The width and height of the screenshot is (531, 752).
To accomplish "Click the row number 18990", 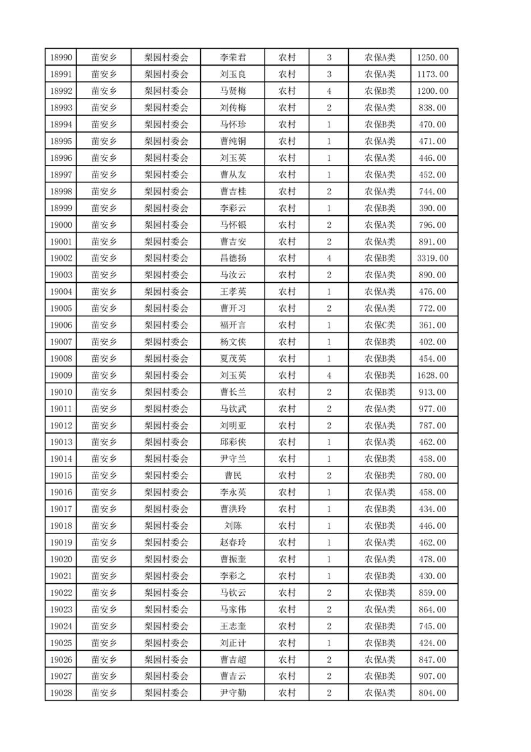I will coord(60,58).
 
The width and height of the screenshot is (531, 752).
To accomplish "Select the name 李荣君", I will coord(232,58).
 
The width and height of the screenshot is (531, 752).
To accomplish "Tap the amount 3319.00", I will coord(433,258).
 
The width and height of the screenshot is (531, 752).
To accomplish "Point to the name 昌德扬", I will coord(232,258).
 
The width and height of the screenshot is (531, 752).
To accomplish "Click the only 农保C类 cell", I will coord(380,325).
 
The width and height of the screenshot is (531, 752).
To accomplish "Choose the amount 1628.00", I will coord(433,375).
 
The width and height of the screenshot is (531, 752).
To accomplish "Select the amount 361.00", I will coord(433,325).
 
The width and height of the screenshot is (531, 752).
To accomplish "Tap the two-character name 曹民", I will coord(232,475).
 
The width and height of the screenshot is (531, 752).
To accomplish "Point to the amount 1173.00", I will coord(433,74).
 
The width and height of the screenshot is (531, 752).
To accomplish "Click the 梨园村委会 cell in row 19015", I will coord(167,475).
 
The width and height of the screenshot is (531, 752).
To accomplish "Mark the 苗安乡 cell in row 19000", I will coord(104,225).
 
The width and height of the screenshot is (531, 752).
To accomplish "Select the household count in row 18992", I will coord(329,91).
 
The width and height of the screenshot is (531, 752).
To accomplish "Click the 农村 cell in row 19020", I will coord(287,559).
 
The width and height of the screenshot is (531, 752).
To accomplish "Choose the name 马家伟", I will coord(232,609).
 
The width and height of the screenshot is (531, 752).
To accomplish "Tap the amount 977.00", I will coord(433,409).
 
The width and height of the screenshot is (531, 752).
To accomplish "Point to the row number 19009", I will coord(60,375).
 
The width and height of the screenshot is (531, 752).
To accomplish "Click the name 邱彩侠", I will coord(232,442).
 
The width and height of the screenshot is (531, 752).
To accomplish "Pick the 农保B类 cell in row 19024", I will coord(380,626).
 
